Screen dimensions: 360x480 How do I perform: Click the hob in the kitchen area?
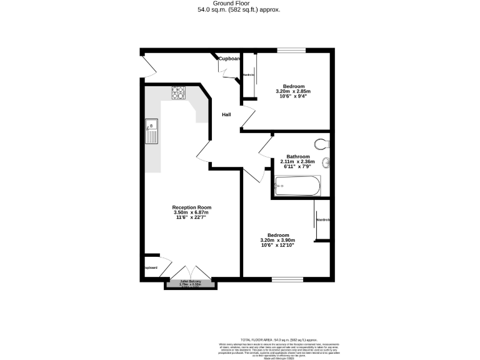point(179,92)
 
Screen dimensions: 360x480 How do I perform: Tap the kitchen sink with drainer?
point(151,131)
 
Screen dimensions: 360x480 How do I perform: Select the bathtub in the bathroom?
point(297,186)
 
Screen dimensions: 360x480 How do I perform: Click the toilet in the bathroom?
point(322,144)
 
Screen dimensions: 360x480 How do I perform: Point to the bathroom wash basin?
point(327,164)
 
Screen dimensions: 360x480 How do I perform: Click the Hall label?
point(227,114)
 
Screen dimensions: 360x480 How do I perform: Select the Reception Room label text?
point(192,207)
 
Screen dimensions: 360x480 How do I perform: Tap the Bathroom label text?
point(297,156)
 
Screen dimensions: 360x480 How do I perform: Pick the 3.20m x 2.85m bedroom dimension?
point(293,91)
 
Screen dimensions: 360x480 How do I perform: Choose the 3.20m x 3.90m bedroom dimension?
point(277,240)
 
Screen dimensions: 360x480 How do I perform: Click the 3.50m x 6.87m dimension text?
point(192,212)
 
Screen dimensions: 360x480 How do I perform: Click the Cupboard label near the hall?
point(229,59)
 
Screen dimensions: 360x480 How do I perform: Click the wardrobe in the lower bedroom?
point(322,219)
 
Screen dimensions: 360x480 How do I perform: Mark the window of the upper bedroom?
point(291,50)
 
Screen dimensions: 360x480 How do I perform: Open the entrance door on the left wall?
point(146,65)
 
